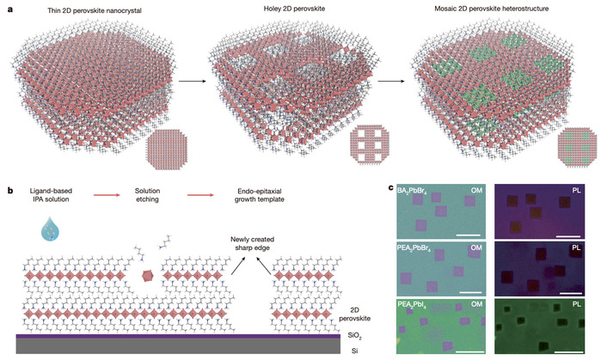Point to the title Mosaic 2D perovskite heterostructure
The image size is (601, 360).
494,9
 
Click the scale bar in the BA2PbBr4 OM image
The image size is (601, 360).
466,235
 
